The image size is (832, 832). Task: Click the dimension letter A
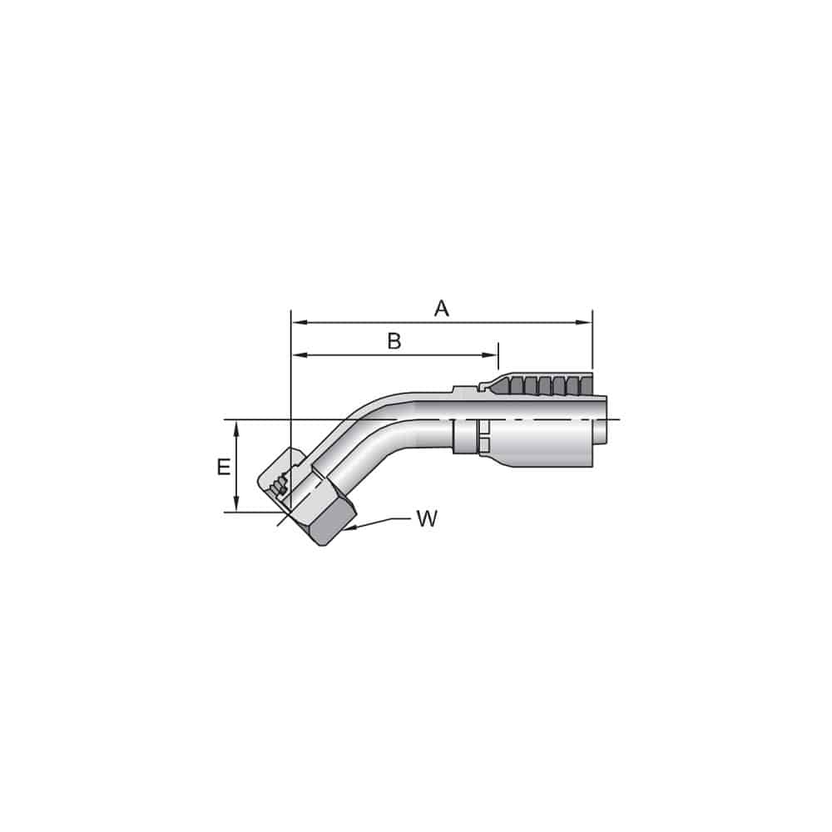[x=441, y=309]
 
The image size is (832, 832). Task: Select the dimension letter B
[x=394, y=341]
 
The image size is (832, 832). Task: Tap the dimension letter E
[x=223, y=468]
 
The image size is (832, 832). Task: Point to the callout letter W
[x=426, y=519]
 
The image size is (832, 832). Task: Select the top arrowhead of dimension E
[x=237, y=427]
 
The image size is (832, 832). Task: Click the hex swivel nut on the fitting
[x=329, y=508]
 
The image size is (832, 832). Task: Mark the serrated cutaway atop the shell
[x=541, y=385]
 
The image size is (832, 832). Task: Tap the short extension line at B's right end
[x=498, y=355]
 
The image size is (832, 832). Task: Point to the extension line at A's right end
[x=592, y=341]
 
